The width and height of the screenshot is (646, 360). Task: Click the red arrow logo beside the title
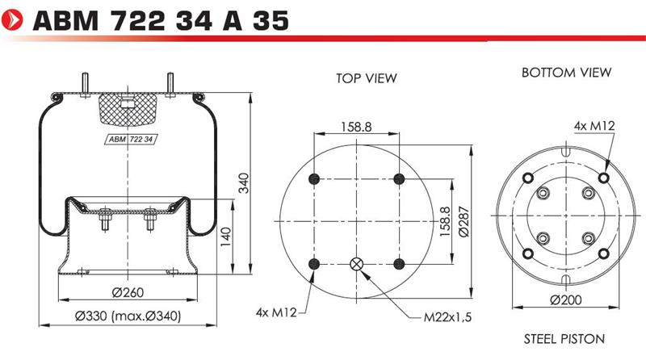(x=12, y=19)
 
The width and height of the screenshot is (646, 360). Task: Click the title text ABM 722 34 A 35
(x=161, y=21)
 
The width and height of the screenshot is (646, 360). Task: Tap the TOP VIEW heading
(x=367, y=78)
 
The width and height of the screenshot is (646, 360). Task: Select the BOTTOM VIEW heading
(x=566, y=73)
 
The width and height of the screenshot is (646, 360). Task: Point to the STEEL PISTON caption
(x=564, y=339)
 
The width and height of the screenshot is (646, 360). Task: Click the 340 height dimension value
(x=244, y=183)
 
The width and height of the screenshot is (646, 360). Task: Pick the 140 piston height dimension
(x=226, y=237)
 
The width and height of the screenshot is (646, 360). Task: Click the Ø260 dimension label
(x=128, y=292)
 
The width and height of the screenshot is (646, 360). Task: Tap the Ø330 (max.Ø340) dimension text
(x=128, y=316)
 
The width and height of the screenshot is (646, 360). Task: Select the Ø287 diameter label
(x=464, y=222)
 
